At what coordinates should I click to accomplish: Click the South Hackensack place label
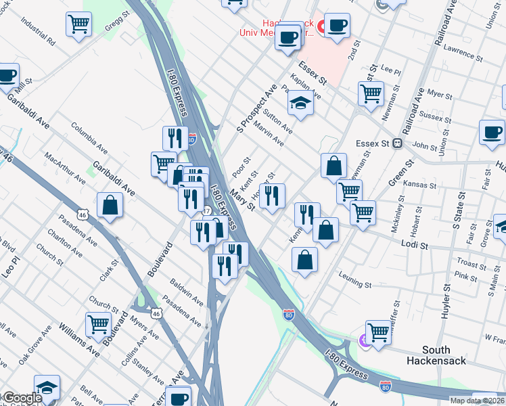pyautogui.click(x=444, y=355)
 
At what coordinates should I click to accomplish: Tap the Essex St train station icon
pyautogui.click(x=398, y=143)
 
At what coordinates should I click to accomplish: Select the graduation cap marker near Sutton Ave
pyautogui.click(x=300, y=103)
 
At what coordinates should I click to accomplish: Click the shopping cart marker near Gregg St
pyautogui.click(x=79, y=25)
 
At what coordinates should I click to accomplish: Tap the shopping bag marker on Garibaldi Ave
pyautogui.click(x=109, y=206)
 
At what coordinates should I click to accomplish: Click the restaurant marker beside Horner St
pyautogui.click(x=272, y=196)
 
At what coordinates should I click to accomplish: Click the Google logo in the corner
pyautogui.click(x=22, y=398)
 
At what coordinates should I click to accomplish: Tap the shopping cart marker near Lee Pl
pyautogui.click(x=371, y=94)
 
